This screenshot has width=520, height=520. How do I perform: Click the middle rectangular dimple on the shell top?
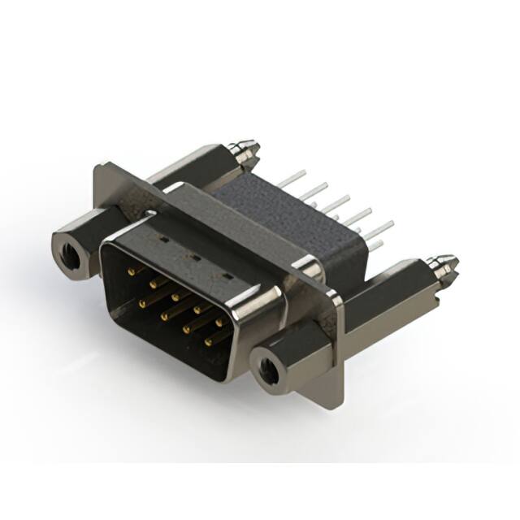[x=195, y=258]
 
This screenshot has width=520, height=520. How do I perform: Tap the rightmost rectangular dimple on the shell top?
[x=227, y=275]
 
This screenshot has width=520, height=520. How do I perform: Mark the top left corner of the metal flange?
[x=97, y=167]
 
